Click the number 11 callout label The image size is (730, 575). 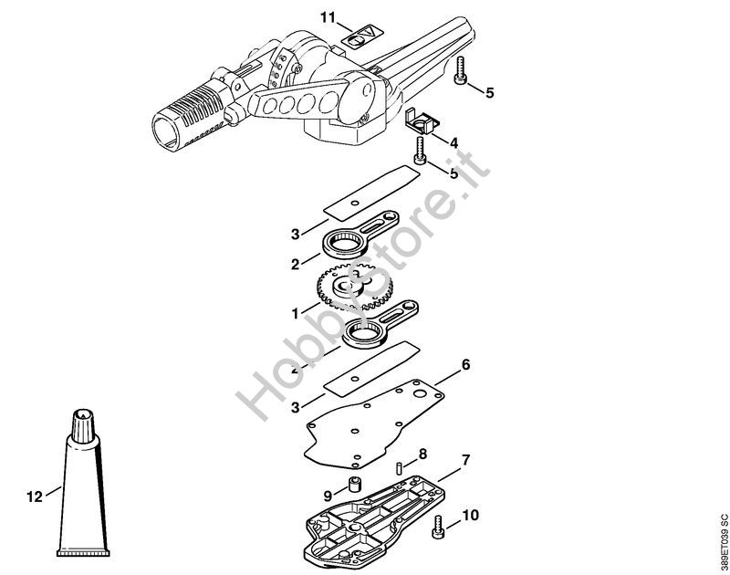click(x=328, y=16)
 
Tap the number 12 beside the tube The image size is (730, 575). click(x=35, y=497)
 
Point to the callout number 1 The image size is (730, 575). click(x=295, y=312)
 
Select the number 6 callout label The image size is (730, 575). click(x=465, y=365)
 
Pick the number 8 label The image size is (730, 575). click(x=422, y=454)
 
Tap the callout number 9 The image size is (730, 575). click(x=328, y=495)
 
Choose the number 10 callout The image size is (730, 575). click(x=470, y=516)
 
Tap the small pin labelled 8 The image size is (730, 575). click(x=401, y=467)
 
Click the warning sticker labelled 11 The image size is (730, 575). click(x=359, y=39)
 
